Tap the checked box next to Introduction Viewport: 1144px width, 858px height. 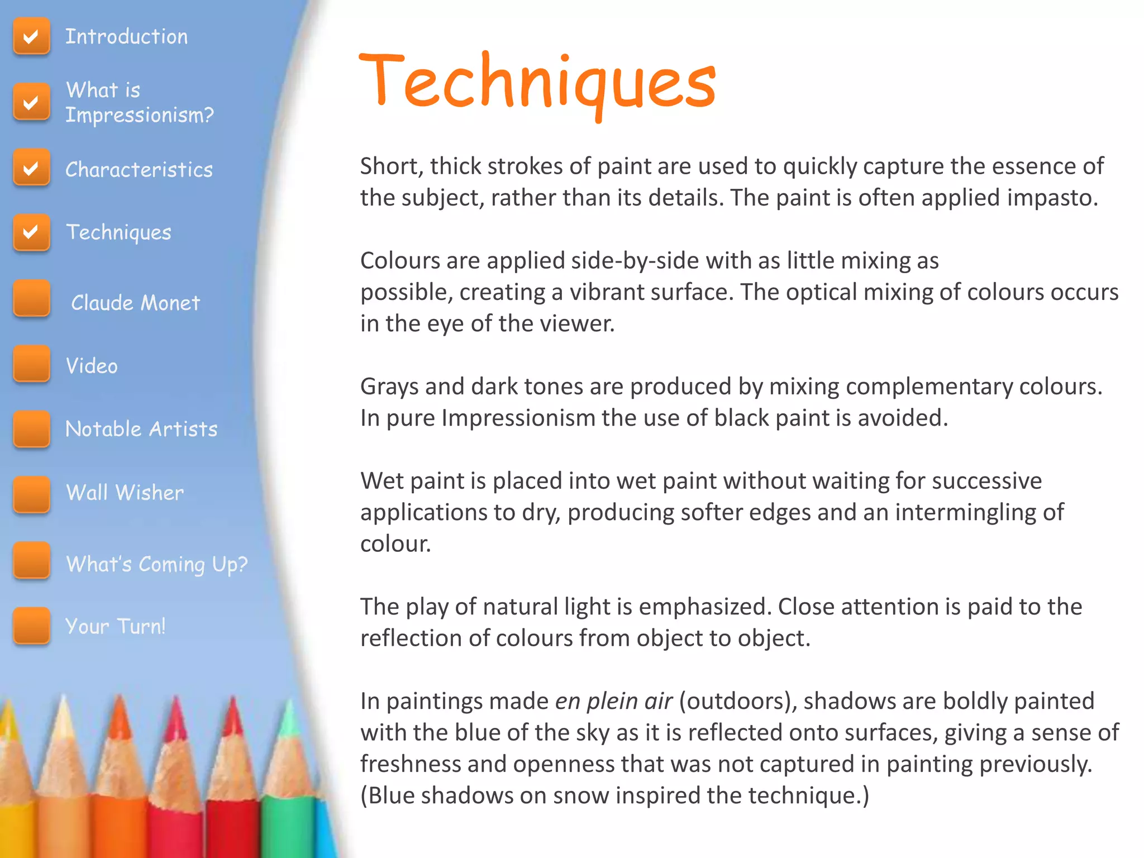pos(31,36)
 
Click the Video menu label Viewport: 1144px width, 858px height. pos(92,366)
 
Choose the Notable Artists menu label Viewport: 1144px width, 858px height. pos(141,429)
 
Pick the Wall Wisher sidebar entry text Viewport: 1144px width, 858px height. pos(125,493)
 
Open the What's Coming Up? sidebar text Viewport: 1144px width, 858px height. pos(156,564)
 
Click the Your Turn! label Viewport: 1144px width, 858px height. pos(115,626)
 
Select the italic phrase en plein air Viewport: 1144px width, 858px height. pos(613,701)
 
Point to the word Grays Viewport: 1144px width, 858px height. pos(389,387)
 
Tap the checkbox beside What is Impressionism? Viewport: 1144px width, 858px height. pos(31,102)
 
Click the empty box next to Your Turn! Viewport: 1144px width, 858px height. pos(31,626)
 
